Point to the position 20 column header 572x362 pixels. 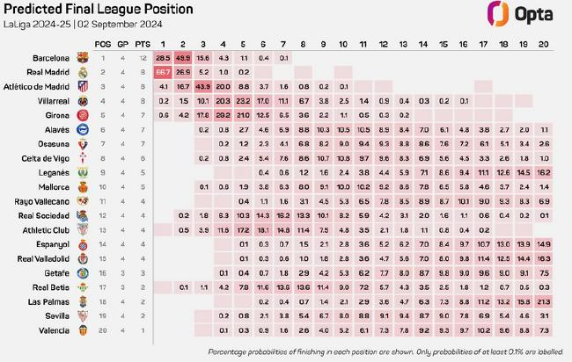pyautogui.click(x=544, y=42)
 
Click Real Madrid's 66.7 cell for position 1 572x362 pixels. pyautogui.click(x=163, y=71)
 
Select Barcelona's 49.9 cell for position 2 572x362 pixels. pyautogui.click(x=183, y=57)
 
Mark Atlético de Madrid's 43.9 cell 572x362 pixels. pyautogui.click(x=203, y=86)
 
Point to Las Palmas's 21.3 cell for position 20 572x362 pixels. pyautogui.click(x=544, y=301)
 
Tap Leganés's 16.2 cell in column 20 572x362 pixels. pyautogui.click(x=544, y=172)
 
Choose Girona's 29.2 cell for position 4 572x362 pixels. pyautogui.click(x=224, y=114)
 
